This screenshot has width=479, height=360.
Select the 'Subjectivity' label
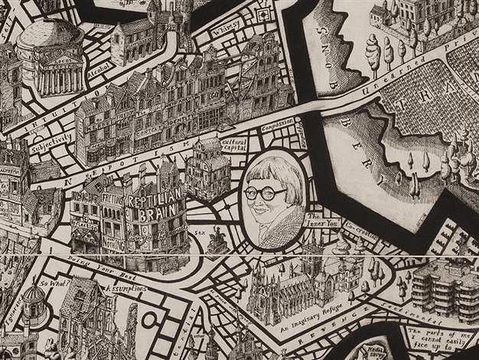pos(51,139)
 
